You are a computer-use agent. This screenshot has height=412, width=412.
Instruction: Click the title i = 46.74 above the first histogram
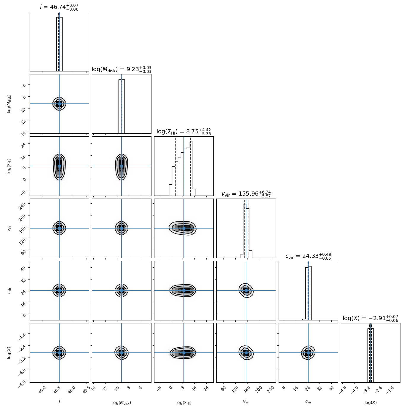(x=59, y=7)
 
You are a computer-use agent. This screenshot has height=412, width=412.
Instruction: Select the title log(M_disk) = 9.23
(x=122, y=69)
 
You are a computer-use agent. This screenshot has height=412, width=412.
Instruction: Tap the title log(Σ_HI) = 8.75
(x=184, y=132)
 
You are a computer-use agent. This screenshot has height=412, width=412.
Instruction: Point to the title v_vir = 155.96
(x=246, y=194)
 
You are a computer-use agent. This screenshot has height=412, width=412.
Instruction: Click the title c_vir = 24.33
(x=308, y=256)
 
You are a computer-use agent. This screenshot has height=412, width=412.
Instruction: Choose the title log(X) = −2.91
(x=371, y=318)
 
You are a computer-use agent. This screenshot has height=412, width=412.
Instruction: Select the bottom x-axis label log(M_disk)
(x=122, y=403)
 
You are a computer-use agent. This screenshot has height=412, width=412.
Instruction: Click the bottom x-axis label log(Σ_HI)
(x=184, y=403)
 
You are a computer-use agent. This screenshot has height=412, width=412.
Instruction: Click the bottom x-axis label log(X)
(x=371, y=403)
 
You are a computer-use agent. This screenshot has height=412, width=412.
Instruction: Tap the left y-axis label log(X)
(x=9, y=353)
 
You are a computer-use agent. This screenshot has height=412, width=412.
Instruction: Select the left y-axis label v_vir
(x=9, y=228)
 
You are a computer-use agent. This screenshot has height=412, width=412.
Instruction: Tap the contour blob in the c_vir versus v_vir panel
(x=246, y=290)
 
